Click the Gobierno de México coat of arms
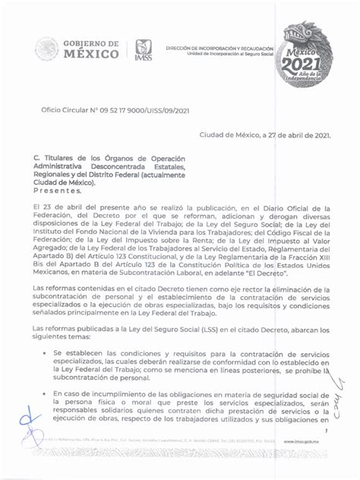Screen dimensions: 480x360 47,49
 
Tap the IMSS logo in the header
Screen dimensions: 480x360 144,50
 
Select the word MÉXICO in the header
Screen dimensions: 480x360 90,55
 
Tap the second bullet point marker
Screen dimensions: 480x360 46,393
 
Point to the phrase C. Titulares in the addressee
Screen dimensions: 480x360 55,159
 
